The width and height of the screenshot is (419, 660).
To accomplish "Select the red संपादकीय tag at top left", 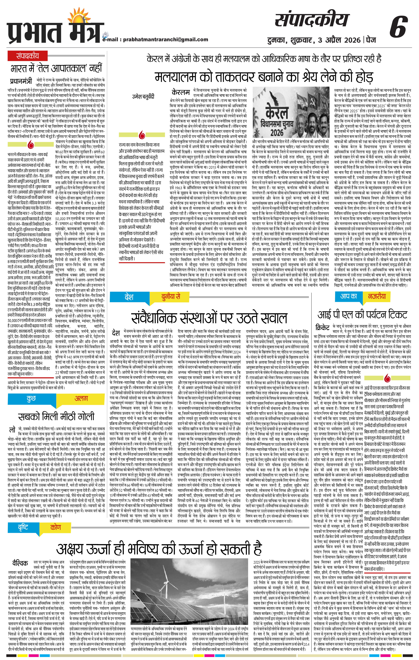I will tap(27, 56).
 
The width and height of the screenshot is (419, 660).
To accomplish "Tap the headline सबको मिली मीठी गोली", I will tap(56, 416).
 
